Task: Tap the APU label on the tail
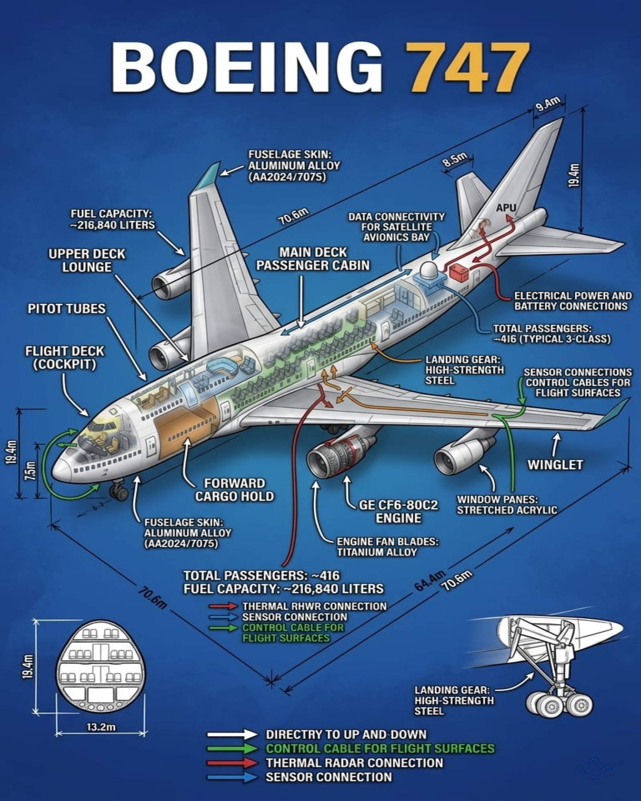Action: point(506,208)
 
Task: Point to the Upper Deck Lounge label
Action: point(87,260)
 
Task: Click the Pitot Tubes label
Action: point(67,309)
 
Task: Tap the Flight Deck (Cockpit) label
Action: point(65,358)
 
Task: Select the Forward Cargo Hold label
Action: point(234,490)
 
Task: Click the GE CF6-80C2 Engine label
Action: point(398,511)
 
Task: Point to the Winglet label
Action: point(555,465)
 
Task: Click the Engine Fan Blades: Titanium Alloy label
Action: point(387,547)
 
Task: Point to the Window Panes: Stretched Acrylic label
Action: point(507,505)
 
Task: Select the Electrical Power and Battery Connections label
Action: point(573,301)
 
